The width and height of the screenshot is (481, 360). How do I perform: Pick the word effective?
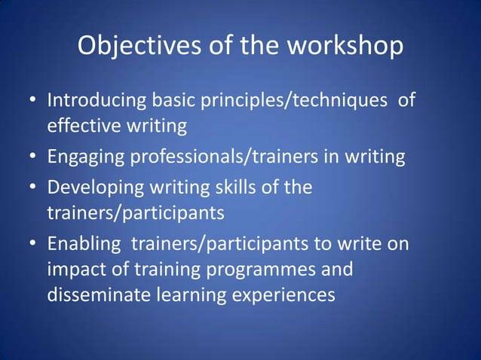pos(81,127)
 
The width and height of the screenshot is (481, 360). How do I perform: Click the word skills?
pos(231,187)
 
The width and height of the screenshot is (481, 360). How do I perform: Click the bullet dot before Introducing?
pos(34,102)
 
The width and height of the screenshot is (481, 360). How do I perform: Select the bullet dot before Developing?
pos(34,188)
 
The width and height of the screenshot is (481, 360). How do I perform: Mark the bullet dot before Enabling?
pos(34,245)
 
